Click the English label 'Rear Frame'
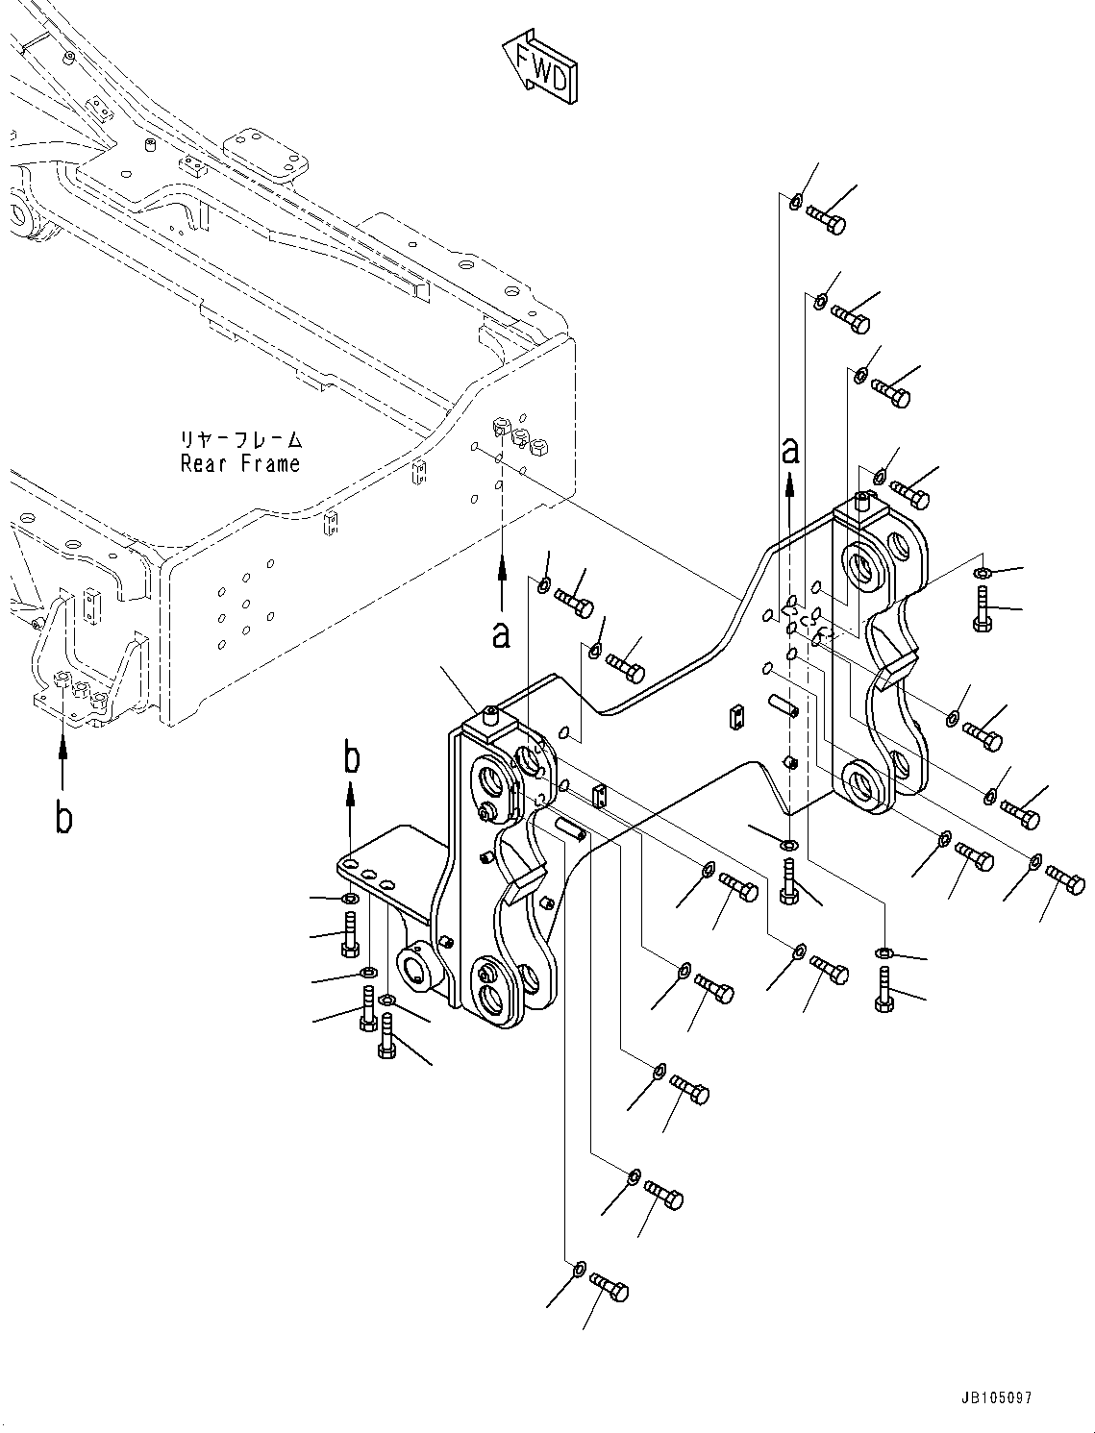click(240, 463)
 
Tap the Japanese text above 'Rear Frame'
click(240, 439)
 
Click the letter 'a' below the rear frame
click(501, 633)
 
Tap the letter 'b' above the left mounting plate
click(352, 757)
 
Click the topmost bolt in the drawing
click(826, 218)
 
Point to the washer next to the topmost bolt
click(796, 202)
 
